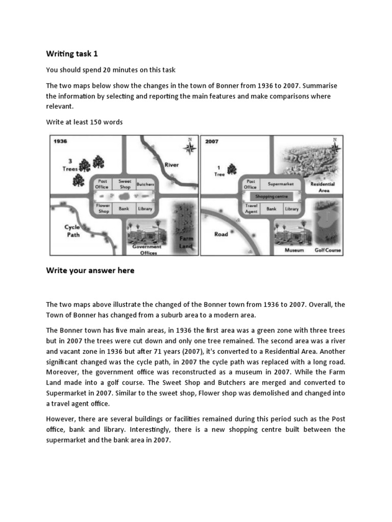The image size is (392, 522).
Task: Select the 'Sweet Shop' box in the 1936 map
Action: [125, 184]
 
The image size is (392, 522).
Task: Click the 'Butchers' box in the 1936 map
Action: [145, 184]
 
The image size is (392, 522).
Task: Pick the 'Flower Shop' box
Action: [104, 208]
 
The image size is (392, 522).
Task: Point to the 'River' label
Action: [171, 165]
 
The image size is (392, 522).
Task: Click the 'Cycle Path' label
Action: [72, 231]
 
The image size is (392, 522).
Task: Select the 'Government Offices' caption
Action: [146, 249]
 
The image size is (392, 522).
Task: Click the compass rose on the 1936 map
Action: [190, 148]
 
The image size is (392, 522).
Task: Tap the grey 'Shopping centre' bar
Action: [272, 196]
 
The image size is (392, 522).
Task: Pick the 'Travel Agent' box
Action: [251, 208]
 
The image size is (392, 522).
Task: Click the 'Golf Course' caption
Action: [328, 250]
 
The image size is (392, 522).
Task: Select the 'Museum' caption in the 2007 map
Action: [294, 250]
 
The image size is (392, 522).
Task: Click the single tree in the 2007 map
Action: [232, 169]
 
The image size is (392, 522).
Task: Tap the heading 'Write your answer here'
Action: [90, 271]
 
